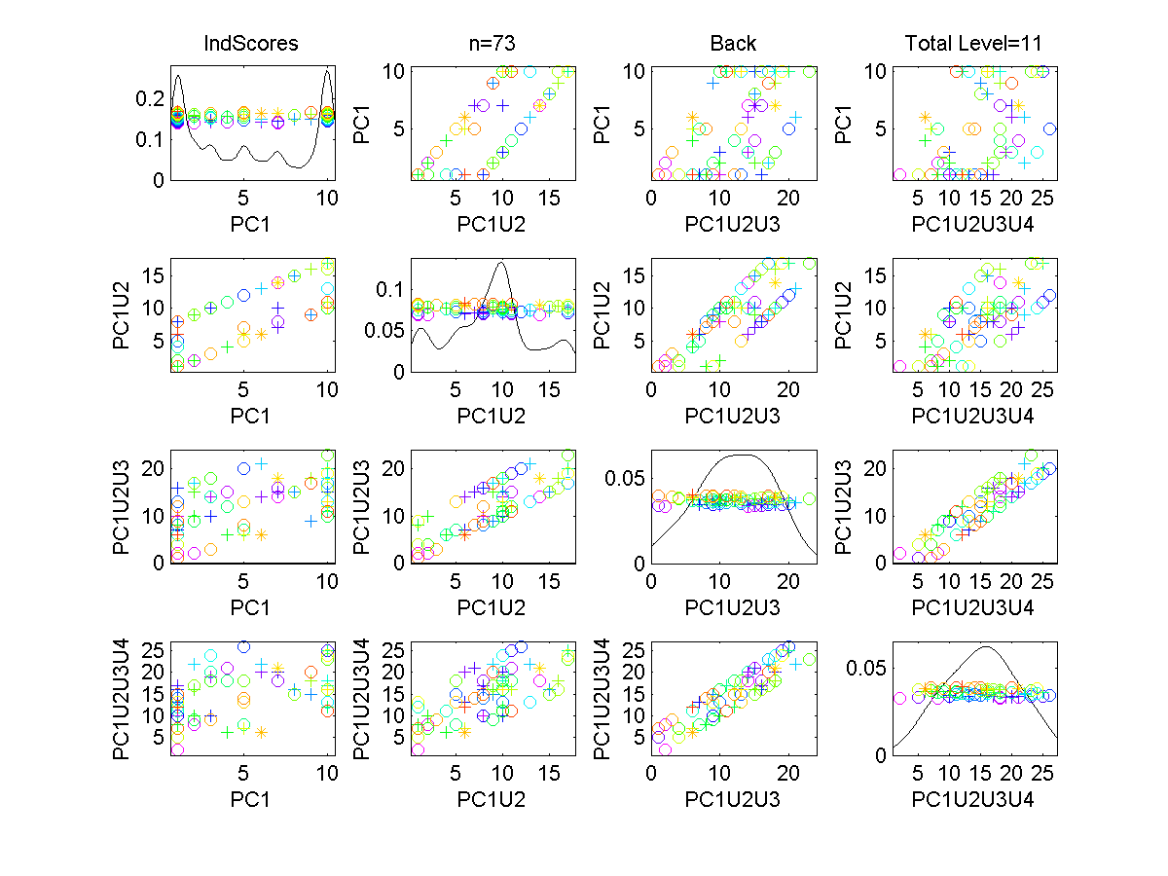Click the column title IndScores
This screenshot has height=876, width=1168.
click(250, 44)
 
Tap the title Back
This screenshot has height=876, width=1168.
click(734, 44)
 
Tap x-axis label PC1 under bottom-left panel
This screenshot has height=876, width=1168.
click(250, 799)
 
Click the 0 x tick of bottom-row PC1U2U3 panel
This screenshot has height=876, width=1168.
click(651, 775)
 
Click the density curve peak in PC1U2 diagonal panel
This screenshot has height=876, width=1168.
click(501, 262)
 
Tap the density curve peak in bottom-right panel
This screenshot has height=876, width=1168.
click(987, 647)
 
